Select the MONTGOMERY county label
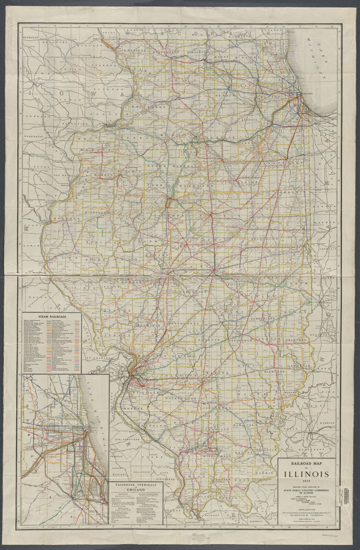pos(184,324)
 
